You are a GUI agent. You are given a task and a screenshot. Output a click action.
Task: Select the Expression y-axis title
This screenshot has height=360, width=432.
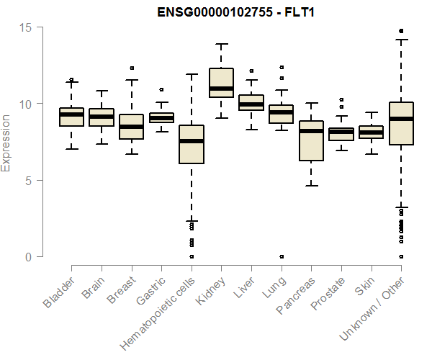tap(6, 143)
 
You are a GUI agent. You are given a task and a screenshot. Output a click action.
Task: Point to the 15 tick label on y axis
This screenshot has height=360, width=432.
tap(27, 27)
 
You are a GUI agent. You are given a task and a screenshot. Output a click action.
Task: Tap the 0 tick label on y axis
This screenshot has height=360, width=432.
tap(30, 257)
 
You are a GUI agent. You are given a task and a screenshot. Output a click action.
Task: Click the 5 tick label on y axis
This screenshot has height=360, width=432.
tap(30, 181)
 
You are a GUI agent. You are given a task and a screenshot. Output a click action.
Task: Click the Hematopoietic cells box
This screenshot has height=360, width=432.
tap(191, 145)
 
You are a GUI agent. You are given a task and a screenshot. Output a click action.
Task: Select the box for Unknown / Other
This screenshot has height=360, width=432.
tap(400, 124)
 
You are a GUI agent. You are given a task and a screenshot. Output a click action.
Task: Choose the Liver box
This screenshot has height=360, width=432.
tap(251, 102)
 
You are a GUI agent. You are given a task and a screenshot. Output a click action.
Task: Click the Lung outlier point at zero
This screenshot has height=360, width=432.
tap(282, 256)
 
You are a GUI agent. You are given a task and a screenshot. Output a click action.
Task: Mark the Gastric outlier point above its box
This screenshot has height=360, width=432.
tap(161, 90)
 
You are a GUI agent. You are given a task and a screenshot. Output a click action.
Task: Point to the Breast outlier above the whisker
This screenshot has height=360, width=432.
tap(132, 68)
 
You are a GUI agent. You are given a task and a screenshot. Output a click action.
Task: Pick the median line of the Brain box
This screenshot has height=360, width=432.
tap(102, 117)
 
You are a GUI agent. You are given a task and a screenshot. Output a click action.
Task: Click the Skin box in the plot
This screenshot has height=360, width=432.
tap(371, 132)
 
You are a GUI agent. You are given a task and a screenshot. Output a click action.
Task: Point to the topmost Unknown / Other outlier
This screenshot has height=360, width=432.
tap(401, 31)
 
